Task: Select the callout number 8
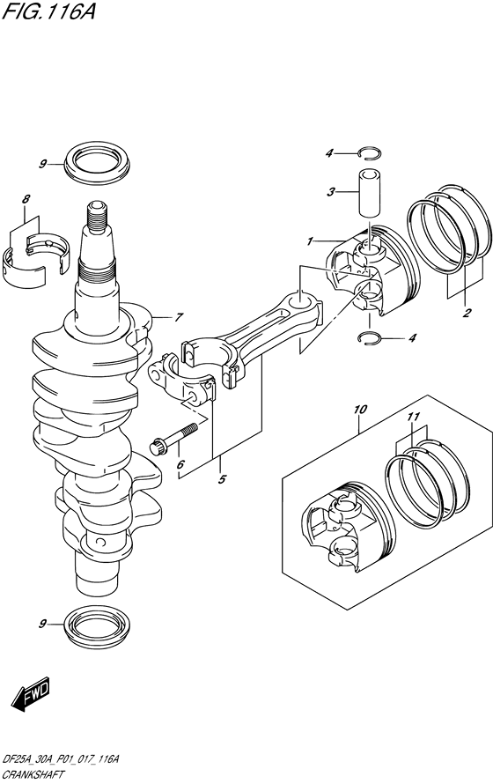point(26,200)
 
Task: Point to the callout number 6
point(180,465)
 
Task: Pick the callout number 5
point(223,479)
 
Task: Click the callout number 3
point(332,191)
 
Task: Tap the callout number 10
point(360,408)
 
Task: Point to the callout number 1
point(310,241)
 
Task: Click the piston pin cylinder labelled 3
point(367,190)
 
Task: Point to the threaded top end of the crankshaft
point(97,214)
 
